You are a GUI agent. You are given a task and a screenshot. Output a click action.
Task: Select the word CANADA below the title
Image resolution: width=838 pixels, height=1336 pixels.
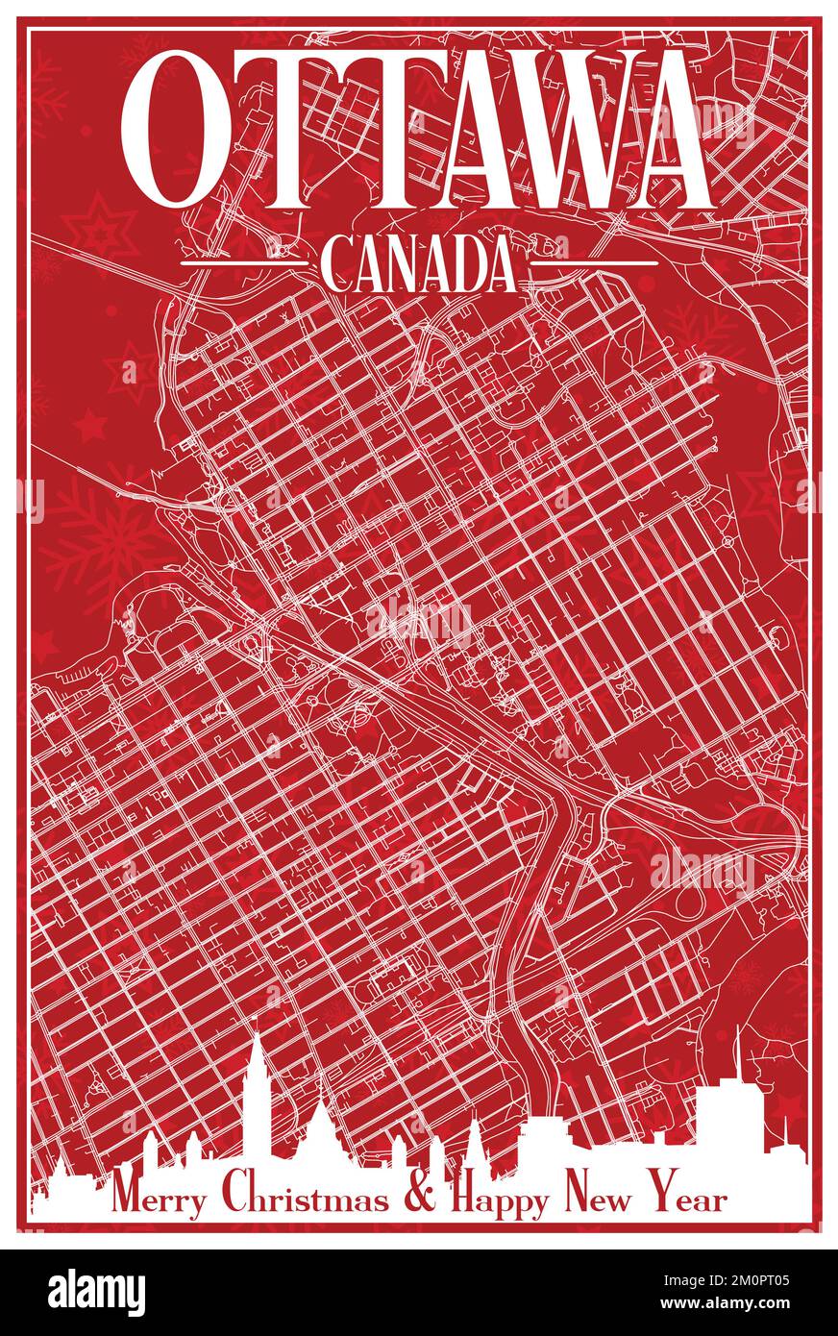pyautogui.click(x=418, y=266)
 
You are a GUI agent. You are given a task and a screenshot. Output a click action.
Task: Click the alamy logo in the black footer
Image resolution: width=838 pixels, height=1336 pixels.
pyautogui.click(x=96, y=1293)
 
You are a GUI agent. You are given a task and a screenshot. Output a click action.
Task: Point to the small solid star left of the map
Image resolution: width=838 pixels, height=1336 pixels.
pyautogui.click(x=90, y=424)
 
